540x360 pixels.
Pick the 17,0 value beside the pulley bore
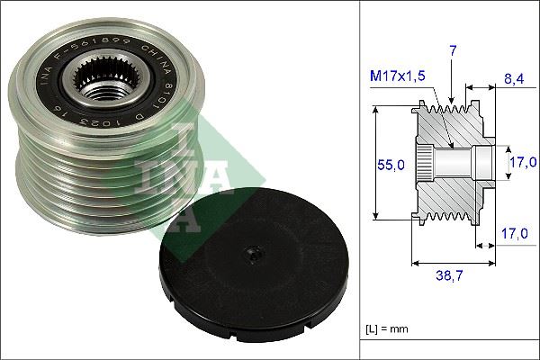pos(523,163)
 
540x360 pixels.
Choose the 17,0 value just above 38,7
pos(515,232)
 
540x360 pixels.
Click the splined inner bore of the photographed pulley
pos(102,89)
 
